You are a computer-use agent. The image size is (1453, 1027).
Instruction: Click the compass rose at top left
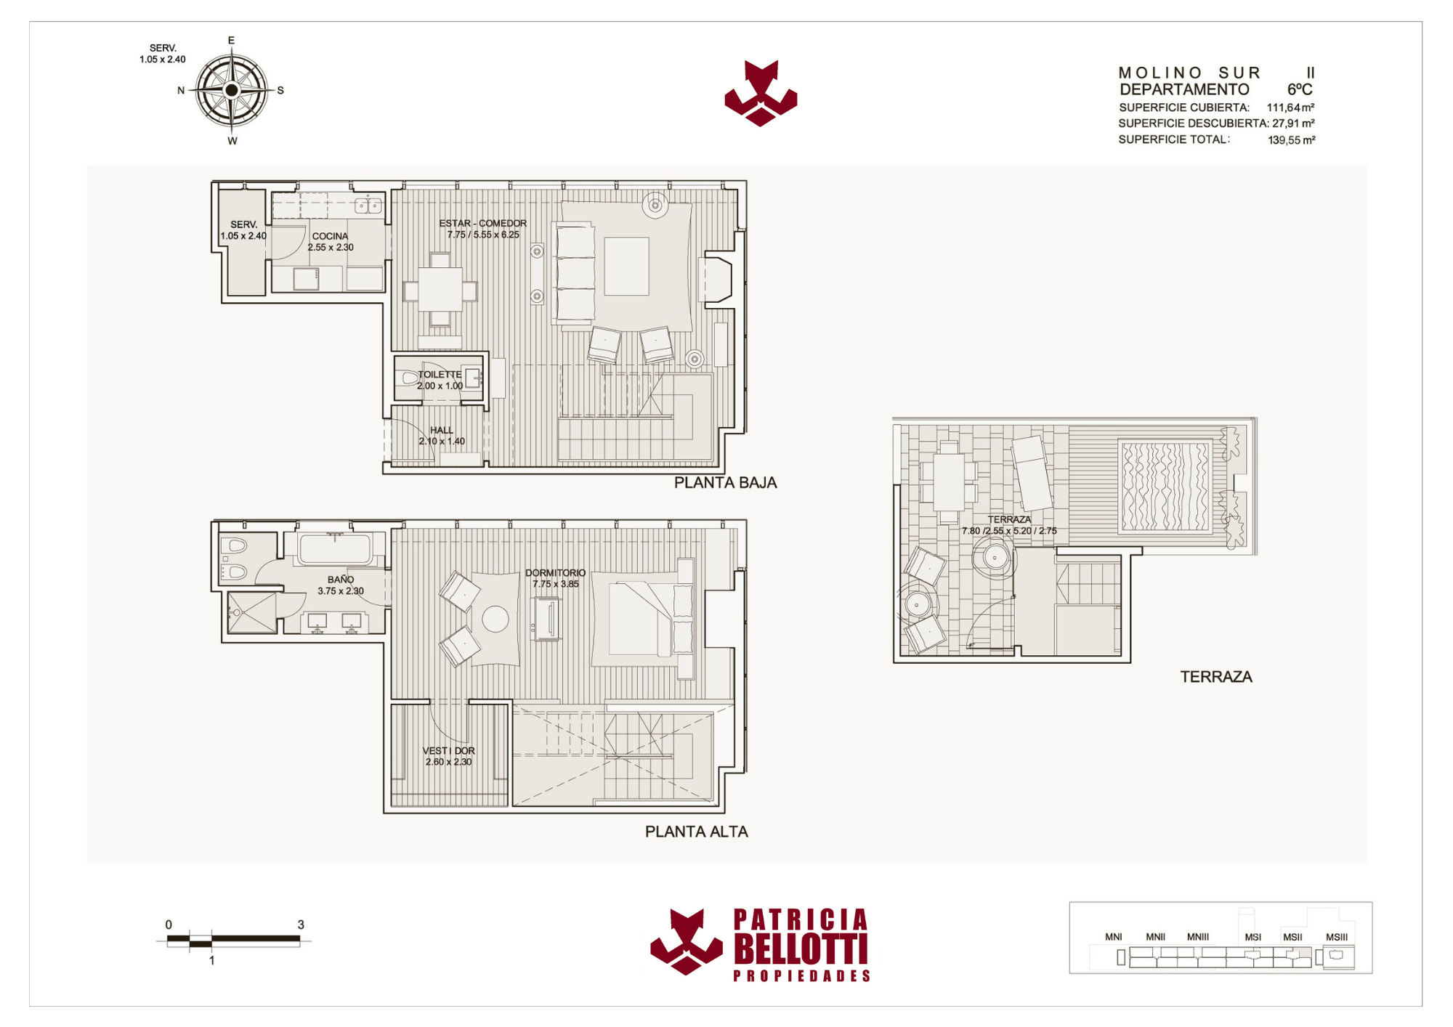pos(232,90)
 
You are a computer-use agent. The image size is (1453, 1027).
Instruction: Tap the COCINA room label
pos(331,236)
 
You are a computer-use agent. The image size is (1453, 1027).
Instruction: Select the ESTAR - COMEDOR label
pos(482,223)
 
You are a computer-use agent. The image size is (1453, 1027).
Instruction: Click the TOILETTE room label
pos(440,375)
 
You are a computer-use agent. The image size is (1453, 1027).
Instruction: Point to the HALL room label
pos(441,430)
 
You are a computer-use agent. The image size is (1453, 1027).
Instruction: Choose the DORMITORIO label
pos(555,573)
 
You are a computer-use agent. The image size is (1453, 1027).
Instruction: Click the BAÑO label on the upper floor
pos(340,580)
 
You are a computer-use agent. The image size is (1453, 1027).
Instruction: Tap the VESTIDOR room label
pos(448,751)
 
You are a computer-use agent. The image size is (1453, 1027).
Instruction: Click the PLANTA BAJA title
pos(725,483)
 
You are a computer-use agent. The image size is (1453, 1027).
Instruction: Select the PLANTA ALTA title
pos(696,832)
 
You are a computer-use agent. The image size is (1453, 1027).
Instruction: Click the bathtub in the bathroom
pos(335,548)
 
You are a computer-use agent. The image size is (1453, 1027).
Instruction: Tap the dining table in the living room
pos(440,290)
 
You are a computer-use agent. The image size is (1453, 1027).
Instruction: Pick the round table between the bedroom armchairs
pos(495,620)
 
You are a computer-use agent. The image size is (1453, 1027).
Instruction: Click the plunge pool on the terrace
pos(1165,486)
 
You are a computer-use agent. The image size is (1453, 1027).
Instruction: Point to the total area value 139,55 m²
pos(1291,140)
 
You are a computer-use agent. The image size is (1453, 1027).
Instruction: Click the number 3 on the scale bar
pos(301,925)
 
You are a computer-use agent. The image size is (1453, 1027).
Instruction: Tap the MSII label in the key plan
pos(1292,937)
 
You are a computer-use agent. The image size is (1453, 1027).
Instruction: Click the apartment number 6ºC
pos(1300,89)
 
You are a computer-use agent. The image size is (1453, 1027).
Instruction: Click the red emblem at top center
pos(761,94)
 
